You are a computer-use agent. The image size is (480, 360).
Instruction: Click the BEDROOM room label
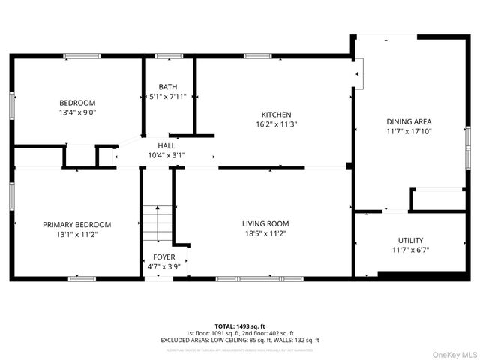click(x=78, y=103)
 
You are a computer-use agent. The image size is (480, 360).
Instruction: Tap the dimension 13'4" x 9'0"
click(x=78, y=112)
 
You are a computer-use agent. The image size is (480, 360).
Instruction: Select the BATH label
click(x=167, y=87)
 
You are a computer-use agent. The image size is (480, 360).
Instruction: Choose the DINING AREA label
click(x=409, y=121)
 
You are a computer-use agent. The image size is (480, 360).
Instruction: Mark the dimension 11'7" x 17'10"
click(x=409, y=131)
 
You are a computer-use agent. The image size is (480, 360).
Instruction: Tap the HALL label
click(x=166, y=145)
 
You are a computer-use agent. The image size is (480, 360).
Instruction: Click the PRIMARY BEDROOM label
click(x=76, y=224)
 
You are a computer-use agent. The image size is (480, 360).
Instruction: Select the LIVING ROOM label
click(x=265, y=223)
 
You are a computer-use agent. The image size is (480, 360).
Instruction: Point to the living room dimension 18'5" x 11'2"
click(x=265, y=233)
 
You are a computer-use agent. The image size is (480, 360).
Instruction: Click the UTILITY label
click(x=409, y=240)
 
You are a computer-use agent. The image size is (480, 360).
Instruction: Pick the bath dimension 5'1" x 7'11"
click(x=167, y=97)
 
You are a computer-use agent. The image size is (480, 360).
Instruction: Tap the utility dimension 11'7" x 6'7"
click(x=409, y=250)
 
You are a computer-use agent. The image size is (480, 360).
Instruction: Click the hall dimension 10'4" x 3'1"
click(x=166, y=155)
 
